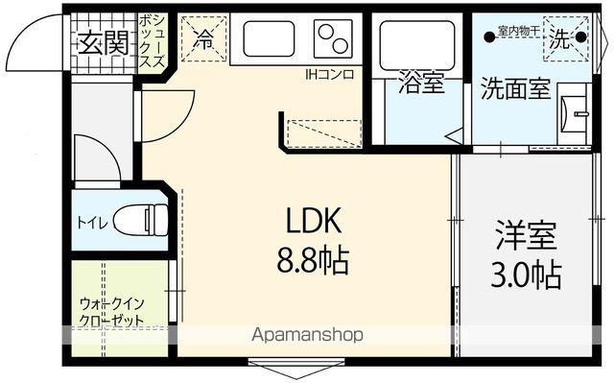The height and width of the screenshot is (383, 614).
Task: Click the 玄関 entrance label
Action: pos(104,42)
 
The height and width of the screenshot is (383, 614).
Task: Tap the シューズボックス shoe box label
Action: pos(153,40)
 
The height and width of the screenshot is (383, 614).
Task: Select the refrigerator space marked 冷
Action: pos(204,38)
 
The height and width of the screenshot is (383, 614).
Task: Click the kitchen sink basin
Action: pos(269,38)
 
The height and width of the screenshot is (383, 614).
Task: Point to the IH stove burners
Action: pos(333,38)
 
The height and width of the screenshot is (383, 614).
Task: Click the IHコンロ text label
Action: pos(330,75)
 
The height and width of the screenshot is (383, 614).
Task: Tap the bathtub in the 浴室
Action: pos(417,45)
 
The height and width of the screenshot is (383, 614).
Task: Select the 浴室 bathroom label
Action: pos(421,84)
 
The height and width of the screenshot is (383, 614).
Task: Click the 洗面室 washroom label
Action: pos(516,89)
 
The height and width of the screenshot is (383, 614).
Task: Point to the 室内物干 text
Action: pos(519,31)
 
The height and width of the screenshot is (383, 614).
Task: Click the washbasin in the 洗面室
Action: pos(574,114)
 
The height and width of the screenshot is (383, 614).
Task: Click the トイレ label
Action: pos(92,223)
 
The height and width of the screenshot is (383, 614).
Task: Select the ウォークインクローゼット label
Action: pos(112,312)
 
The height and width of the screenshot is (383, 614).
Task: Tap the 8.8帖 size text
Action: pos(313,260)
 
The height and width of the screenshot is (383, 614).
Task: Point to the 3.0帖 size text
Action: pos(527,275)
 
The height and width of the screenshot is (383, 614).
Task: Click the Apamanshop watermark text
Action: pos(307,335)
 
